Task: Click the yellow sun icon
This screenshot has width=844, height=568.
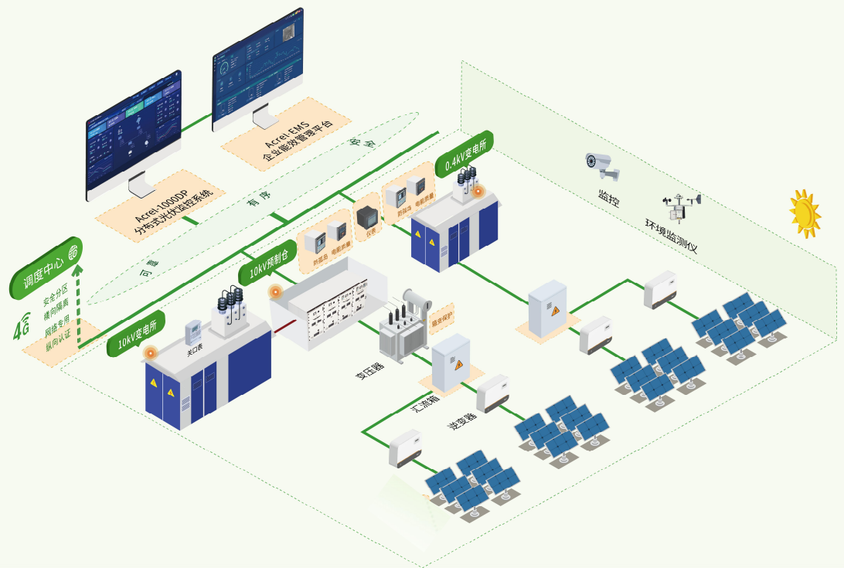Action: pos(805,213)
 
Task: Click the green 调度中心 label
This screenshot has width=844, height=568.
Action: pos(46,268)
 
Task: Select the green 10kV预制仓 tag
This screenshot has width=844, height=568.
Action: pos(267,260)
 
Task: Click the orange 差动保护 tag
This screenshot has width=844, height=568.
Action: pos(442,315)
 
